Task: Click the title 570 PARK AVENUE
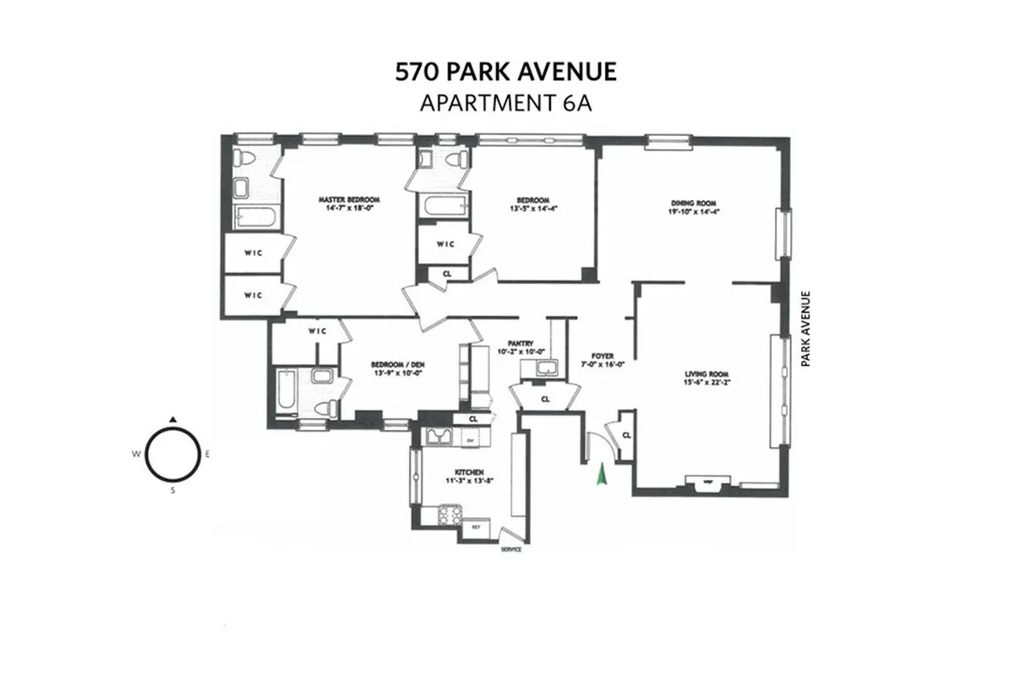(506, 72)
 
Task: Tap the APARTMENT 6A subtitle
(506, 103)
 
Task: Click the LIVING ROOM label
(707, 374)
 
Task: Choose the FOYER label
(602, 357)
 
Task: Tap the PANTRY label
(521, 343)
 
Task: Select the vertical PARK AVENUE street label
(807, 329)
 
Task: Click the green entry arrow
(602, 475)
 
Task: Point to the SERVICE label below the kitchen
(510, 549)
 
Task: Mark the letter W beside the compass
(135, 454)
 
